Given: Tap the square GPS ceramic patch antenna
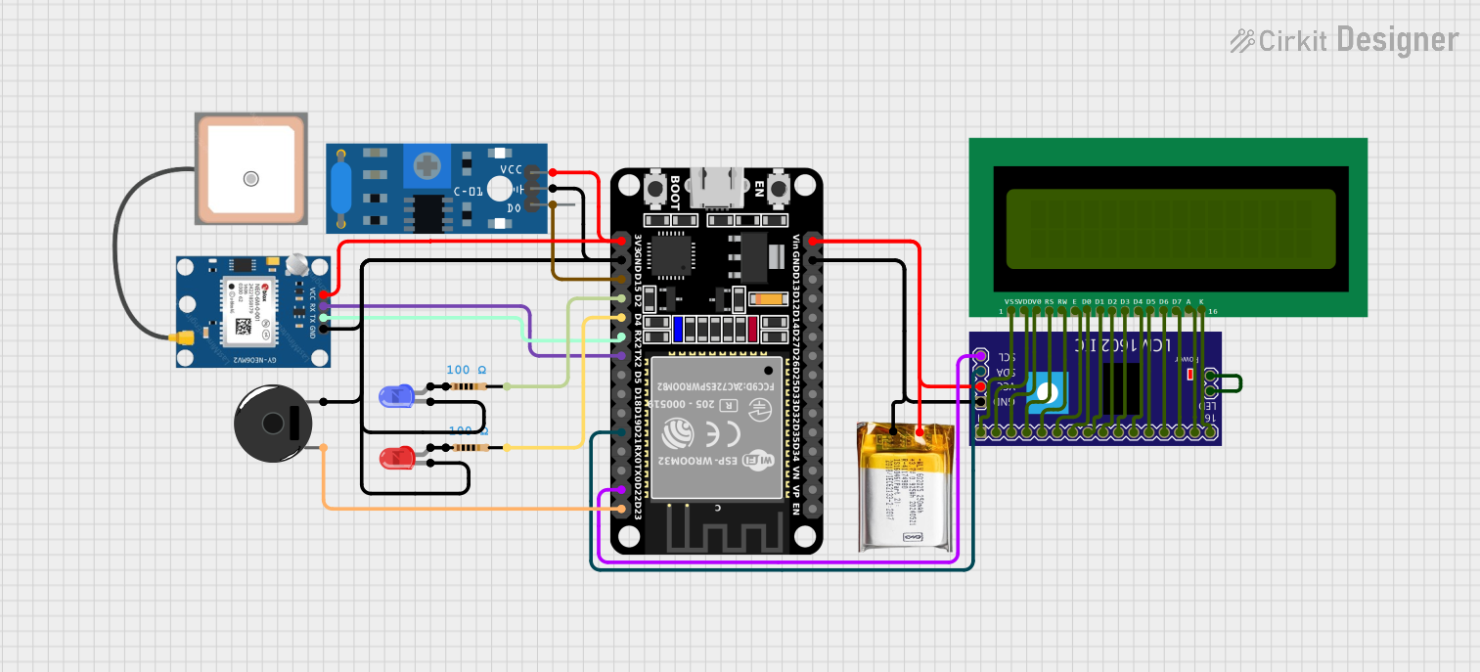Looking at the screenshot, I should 250,169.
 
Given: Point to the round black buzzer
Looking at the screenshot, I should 273,424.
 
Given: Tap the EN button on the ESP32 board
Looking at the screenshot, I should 780,189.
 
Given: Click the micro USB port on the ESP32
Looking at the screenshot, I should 717,187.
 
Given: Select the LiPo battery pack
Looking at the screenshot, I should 905,486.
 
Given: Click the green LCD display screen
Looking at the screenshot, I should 1170,228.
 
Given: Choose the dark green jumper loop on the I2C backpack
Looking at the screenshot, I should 1229,383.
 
